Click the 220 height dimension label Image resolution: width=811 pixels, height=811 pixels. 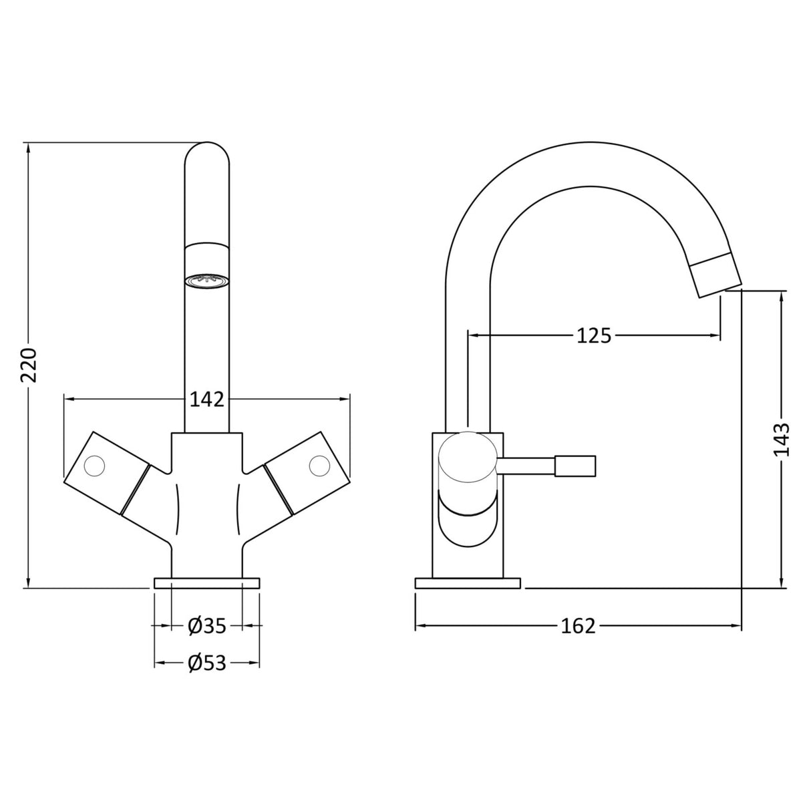[29, 365]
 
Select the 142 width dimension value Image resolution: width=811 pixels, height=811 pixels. [206, 399]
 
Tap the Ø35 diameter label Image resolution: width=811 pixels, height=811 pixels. [206, 625]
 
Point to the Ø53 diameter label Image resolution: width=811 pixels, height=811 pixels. [206, 663]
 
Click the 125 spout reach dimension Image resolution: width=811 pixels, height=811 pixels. [593, 335]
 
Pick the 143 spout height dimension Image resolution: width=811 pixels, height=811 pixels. [782, 440]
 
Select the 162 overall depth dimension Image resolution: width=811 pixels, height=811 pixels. [578, 626]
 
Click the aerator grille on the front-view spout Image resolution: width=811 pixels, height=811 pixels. [206, 281]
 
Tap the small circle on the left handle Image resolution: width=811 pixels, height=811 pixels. [96, 464]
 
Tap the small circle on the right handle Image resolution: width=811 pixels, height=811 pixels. [319, 464]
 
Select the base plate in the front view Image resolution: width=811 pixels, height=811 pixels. [206, 583]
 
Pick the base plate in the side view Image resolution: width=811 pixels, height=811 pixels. [467, 583]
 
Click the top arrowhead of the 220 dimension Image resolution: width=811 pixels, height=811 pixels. [29, 148]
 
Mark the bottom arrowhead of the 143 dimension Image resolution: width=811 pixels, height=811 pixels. [782, 583]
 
